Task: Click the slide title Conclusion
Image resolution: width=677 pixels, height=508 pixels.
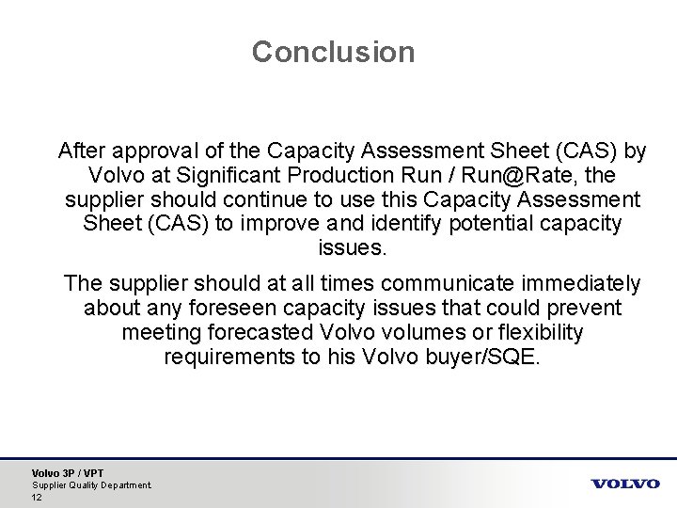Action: (x=333, y=52)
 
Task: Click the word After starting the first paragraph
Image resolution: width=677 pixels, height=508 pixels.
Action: (x=82, y=151)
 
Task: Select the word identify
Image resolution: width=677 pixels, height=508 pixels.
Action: (x=463, y=224)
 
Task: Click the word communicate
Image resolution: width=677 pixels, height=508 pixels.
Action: (x=423, y=283)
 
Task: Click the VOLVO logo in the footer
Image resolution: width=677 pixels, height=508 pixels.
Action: (x=625, y=484)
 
